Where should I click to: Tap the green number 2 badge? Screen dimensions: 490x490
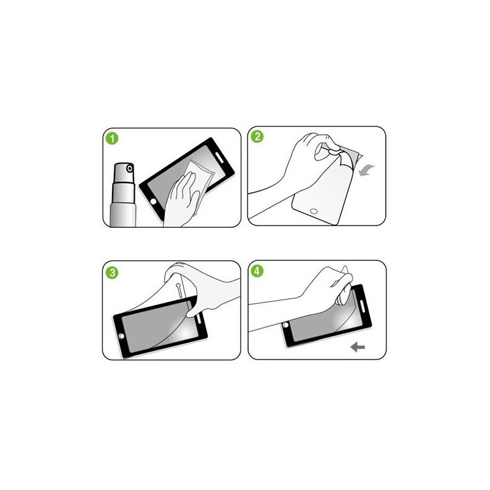[x=257, y=137]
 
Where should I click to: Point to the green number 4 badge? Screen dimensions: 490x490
[x=257, y=271]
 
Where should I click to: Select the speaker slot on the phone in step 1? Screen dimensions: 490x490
[x=219, y=159]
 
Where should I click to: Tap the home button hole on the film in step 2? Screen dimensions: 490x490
[x=314, y=213]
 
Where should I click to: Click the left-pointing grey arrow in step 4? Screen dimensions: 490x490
[x=357, y=347]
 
